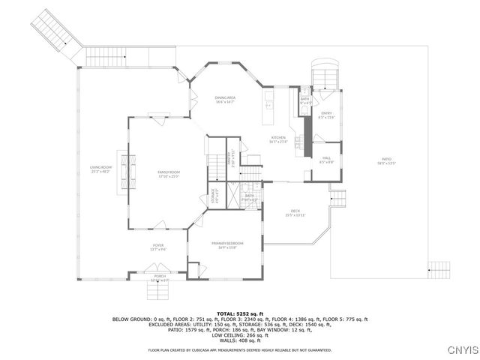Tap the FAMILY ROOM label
(168, 172)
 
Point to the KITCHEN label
(279, 138)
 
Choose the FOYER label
(158, 245)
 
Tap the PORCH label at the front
(160, 276)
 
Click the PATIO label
(386, 159)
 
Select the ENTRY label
(326, 113)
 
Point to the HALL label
(326, 158)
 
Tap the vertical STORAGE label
(213, 196)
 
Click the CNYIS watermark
(459, 350)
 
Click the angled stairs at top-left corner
(58, 34)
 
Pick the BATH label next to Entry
(304, 99)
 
